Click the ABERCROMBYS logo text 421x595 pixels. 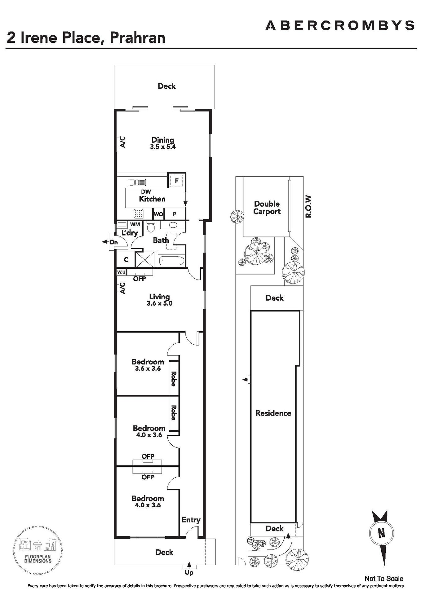[340, 25]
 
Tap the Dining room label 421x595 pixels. [163, 140]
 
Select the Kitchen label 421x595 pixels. [152, 199]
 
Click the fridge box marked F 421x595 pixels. [177, 181]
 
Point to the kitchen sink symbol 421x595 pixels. [137, 183]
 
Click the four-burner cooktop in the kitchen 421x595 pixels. [138, 214]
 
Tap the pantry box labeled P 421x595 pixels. [175, 214]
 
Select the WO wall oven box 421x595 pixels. [158, 214]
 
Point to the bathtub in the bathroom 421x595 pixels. [171, 261]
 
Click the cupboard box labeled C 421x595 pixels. [126, 260]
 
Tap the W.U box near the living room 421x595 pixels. [121, 272]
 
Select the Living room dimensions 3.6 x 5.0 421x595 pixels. [159, 303]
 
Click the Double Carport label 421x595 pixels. [267, 208]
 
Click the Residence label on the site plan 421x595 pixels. [273, 413]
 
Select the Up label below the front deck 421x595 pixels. [189, 573]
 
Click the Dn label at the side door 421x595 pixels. [114, 242]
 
